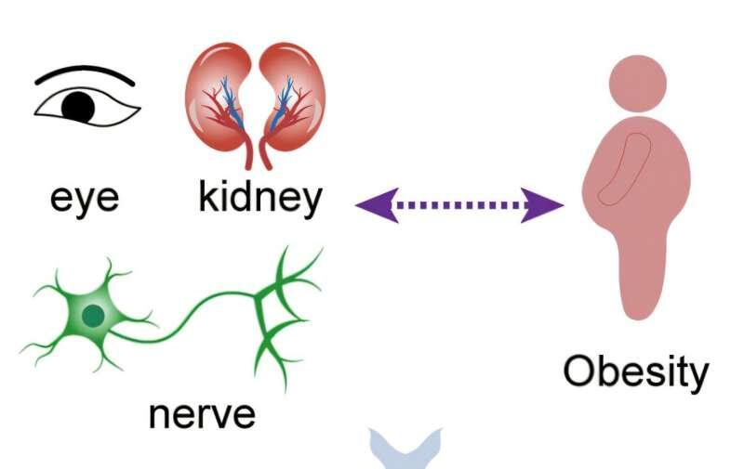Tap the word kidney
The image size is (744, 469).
click(260, 197)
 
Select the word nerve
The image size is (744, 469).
click(202, 412)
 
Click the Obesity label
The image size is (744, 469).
click(636, 371)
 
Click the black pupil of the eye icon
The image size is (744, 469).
click(78, 106)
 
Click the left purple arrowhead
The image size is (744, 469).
click(375, 203)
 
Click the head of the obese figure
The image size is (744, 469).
click(636, 80)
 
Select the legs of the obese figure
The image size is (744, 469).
click(643, 274)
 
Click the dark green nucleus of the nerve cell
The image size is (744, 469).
click(92, 317)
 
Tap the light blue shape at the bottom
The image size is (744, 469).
click(406, 450)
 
